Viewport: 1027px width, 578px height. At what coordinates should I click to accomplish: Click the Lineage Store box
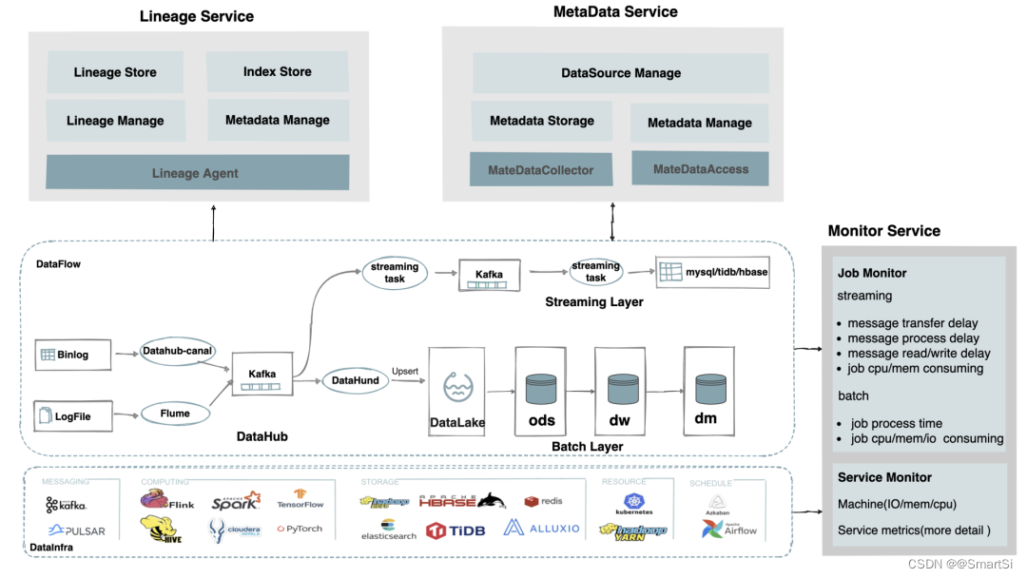coord(115,72)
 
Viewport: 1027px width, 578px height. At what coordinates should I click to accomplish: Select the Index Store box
coord(277,71)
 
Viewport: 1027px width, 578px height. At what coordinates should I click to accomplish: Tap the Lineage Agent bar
coord(197,173)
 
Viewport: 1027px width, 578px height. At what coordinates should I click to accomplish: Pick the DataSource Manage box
coord(621,73)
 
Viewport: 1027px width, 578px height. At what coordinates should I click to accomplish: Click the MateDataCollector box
coord(541,170)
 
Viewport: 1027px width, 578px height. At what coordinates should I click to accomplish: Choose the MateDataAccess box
coord(701,169)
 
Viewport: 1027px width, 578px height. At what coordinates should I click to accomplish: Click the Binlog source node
coord(66,355)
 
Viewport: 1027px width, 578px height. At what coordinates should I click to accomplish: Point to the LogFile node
coord(66,415)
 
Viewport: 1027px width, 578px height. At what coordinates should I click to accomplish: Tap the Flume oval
coord(175,414)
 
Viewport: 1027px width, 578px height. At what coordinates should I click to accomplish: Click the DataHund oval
coord(356,380)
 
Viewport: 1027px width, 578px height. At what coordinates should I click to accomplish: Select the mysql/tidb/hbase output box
coord(714,272)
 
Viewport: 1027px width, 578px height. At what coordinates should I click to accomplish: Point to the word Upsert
coord(405,371)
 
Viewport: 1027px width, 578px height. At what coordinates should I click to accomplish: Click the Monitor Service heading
coord(883,231)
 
